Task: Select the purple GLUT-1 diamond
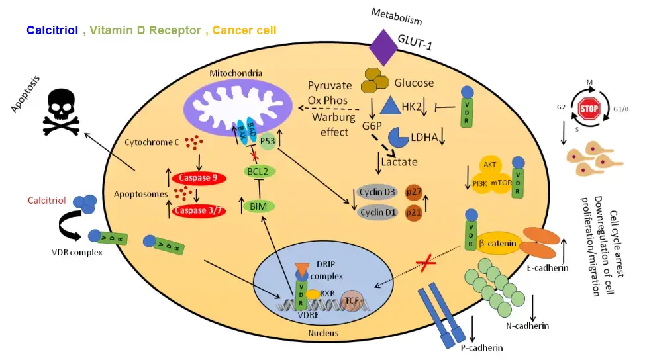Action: click(x=383, y=47)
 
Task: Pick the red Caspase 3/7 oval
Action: click(x=199, y=211)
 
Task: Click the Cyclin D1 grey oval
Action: click(x=376, y=214)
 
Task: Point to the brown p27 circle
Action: click(x=413, y=192)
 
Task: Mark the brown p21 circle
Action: click(x=413, y=214)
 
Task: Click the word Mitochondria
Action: click(x=236, y=73)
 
